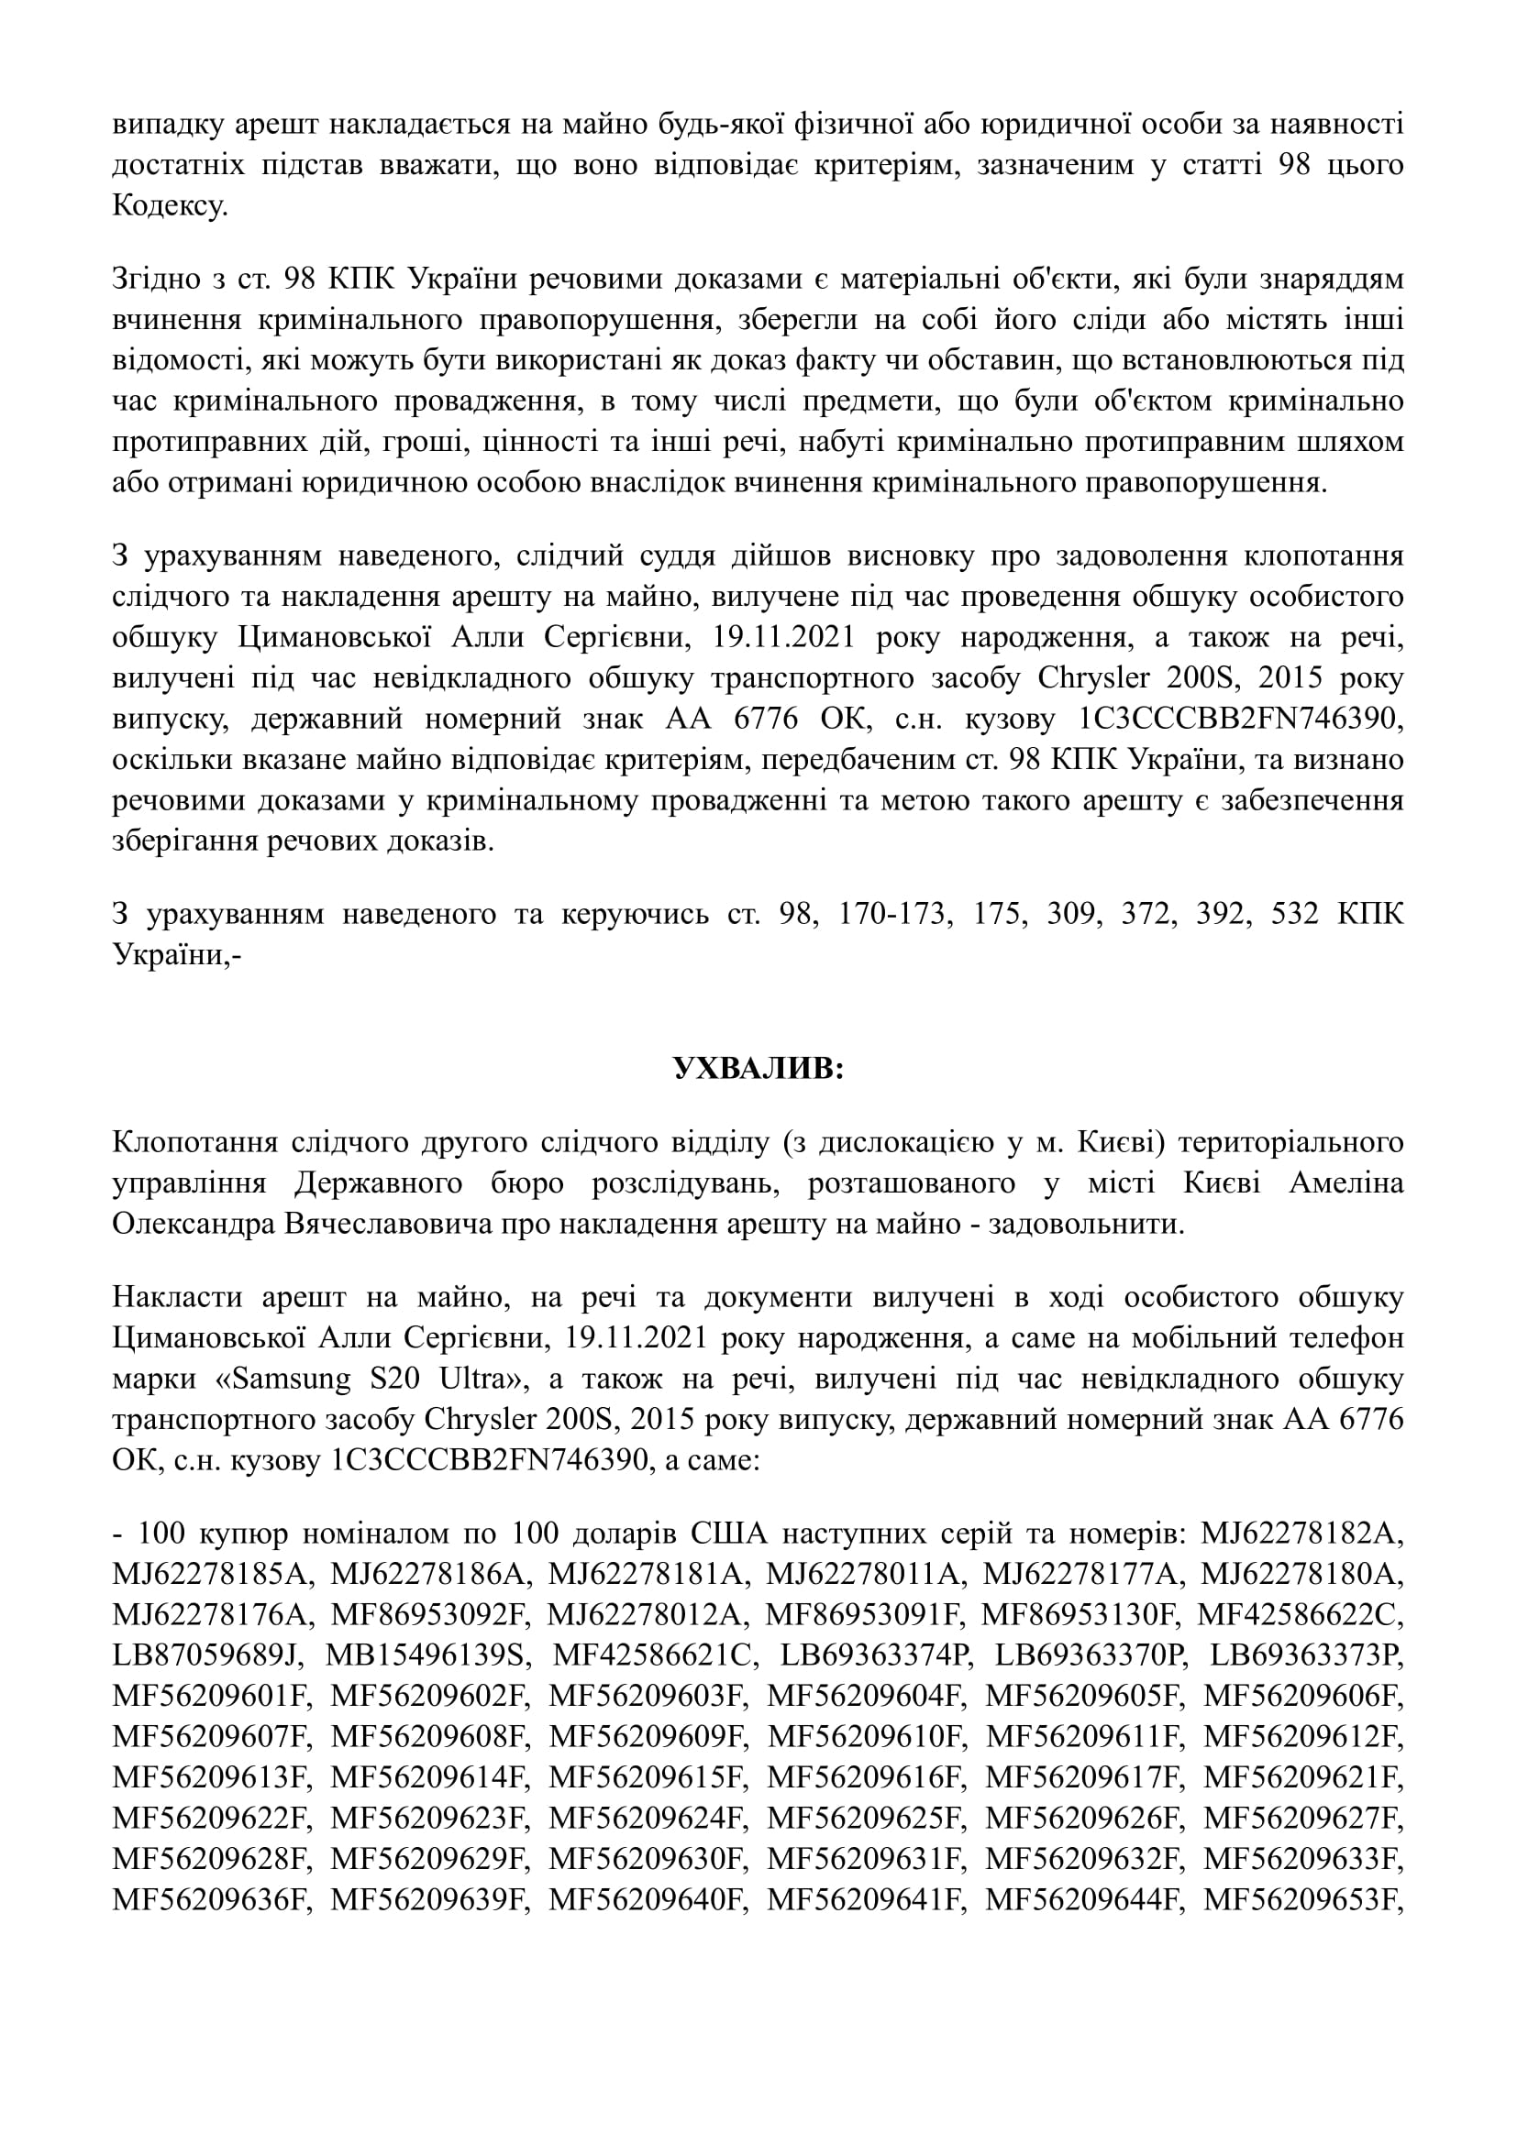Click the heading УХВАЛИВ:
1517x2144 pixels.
(x=758, y=1069)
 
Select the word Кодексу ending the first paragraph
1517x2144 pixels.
(x=169, y=205)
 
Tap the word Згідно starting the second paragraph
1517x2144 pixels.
(x=156, y=280)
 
